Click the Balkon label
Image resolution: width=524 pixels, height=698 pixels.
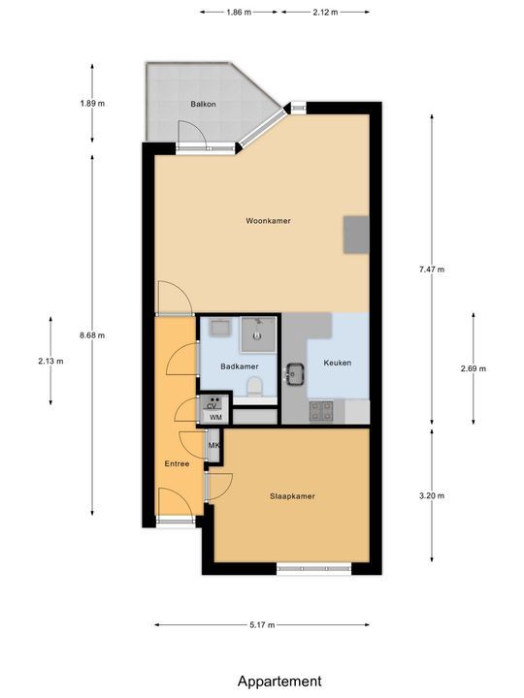203,103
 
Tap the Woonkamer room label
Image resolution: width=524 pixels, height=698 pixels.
268,221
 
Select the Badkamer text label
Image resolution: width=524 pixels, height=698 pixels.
239,366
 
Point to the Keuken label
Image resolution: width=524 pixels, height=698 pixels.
338,364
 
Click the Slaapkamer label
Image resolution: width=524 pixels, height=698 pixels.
292,496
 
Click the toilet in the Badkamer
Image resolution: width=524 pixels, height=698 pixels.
255,388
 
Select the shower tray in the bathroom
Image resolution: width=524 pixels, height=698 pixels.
257,334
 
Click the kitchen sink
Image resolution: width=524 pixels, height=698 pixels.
294,370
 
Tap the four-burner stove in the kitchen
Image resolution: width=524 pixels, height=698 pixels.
321,412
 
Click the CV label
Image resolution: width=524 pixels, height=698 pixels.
213,406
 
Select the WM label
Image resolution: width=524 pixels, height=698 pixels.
215,418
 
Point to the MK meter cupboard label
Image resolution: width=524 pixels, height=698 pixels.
213,446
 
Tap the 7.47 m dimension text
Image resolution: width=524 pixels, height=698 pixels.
433,270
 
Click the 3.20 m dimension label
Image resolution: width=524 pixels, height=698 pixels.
433,495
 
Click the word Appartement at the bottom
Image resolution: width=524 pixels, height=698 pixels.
279,682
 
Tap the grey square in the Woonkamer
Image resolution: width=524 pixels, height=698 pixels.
355,233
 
